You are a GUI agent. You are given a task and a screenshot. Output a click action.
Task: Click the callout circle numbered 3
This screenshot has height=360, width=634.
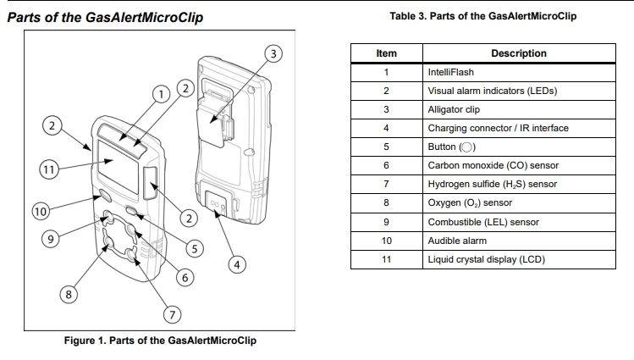pos(273,54)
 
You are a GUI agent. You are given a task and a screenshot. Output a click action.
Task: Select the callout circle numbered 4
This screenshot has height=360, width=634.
pos(238,264)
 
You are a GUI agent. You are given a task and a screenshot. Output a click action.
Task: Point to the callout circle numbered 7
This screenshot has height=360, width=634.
pos(173,315)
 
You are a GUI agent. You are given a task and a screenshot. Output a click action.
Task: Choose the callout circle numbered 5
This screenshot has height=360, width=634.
pos(195,249)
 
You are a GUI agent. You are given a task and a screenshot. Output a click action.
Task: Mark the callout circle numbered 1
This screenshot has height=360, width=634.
pos(158,94)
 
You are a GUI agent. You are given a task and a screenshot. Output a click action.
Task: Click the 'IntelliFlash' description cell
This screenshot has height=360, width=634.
pos(519,72)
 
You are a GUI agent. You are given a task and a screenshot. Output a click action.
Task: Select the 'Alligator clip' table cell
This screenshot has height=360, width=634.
pos(519,109)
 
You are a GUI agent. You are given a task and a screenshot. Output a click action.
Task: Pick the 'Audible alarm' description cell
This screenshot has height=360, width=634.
pos(519,241)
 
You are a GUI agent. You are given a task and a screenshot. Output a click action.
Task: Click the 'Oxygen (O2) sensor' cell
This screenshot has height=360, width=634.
pos(519,203)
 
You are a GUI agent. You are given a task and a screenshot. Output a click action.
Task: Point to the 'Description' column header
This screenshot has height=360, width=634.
pos(519,53)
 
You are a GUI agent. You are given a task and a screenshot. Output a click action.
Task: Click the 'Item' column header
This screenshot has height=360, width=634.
pos(386,53)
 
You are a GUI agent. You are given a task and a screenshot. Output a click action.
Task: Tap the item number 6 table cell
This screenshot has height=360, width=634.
pos(386,166)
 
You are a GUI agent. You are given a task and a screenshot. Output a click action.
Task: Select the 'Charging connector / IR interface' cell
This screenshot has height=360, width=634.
pos(519,129)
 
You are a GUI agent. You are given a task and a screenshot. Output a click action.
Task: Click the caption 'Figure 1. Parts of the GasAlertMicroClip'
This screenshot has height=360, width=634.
pos(160,341)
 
